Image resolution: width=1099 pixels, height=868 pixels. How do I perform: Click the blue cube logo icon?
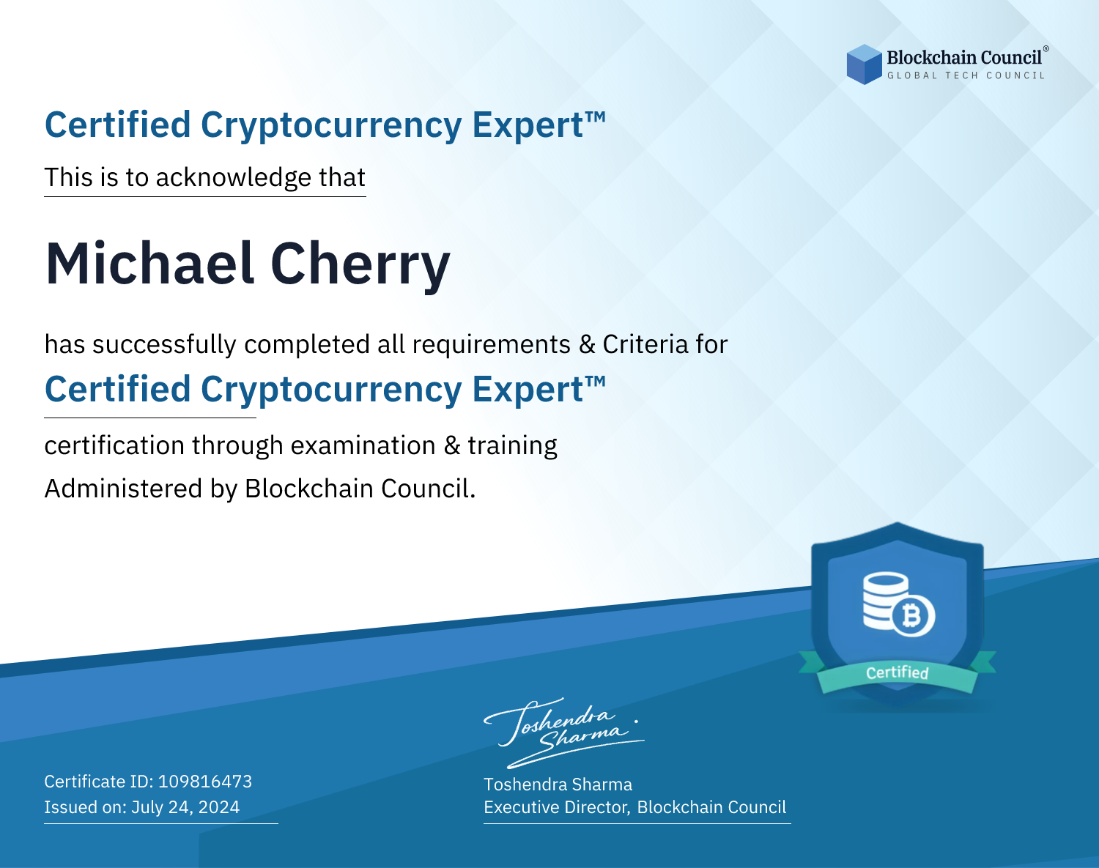864,64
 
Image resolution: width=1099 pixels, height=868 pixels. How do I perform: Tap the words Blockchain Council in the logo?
964,57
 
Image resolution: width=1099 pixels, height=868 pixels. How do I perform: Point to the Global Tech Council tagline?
966,75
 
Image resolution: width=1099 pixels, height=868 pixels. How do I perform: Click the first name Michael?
149,264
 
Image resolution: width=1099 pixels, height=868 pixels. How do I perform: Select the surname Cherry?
360,266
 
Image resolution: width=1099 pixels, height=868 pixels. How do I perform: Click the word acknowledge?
234,178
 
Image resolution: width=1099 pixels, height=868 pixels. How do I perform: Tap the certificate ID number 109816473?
205,781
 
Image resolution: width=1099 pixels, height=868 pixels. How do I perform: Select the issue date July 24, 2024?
185,806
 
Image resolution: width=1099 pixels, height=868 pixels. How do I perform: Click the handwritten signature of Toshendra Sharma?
563,732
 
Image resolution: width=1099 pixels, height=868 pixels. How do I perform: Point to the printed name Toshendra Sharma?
558,784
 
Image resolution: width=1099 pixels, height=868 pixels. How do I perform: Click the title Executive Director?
556,806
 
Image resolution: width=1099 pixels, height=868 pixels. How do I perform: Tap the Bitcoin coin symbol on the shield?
913,616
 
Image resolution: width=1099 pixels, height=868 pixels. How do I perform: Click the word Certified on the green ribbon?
898,673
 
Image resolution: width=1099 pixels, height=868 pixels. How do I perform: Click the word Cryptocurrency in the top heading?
331,126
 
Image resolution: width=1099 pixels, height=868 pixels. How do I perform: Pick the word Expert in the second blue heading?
528,390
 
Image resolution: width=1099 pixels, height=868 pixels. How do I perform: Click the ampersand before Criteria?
587,345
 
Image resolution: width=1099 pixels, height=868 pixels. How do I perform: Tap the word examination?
363,445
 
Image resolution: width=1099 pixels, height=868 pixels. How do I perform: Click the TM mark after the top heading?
596,117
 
